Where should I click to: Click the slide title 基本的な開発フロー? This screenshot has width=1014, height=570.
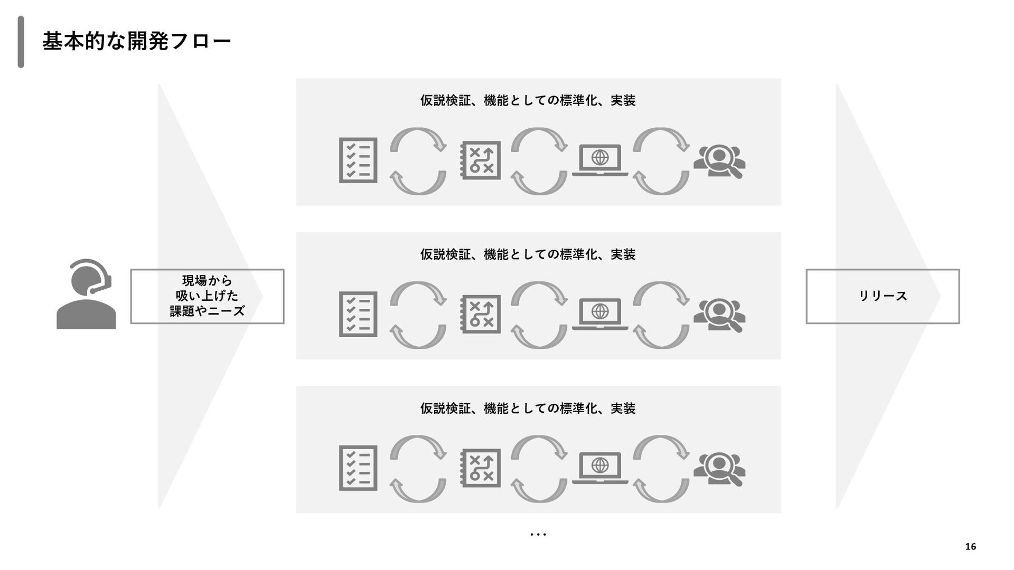click(136, 41)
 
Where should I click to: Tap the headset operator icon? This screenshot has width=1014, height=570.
click(86, 294)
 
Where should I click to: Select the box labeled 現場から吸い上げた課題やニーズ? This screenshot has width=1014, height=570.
click(207, 296)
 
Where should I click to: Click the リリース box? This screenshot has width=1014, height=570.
click(882, 296)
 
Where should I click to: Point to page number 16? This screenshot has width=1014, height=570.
click(970, 547)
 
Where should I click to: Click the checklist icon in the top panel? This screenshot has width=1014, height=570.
click(358, 160)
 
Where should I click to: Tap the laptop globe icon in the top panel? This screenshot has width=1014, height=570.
click(600, 160)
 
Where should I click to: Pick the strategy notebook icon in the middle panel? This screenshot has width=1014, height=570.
click(480, 315)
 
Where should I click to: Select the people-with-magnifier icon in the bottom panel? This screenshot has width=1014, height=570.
click(719, 469)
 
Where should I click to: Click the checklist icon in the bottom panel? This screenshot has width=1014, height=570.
click(358, 468)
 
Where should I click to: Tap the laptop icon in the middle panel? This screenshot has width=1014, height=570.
click(600, 314)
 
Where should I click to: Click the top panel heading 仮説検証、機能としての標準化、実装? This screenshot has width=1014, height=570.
click(528, 100)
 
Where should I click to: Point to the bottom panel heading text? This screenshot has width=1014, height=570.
click(528, 408)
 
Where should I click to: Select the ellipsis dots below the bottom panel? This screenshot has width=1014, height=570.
click(538, 535)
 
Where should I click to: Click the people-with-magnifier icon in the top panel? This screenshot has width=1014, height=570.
click(719, 161)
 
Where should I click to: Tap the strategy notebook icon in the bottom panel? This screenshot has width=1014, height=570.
click(480, 468)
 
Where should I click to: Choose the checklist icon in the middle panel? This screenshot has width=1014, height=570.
click(358, 315)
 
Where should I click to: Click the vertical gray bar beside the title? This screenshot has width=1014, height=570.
click(21, 42)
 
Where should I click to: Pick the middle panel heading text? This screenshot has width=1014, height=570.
click(528, 254)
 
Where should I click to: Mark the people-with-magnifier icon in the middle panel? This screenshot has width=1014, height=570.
click(719, 316)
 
